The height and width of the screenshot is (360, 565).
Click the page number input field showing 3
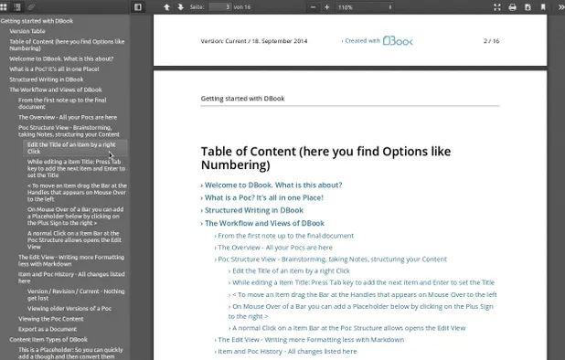click(219, 7)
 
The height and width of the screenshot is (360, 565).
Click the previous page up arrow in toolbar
click(166, 7)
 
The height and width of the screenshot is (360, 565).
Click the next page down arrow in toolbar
click(181, 7)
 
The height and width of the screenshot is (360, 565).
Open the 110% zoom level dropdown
click(357, 7)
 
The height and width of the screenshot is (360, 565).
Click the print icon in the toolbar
click(512, 7)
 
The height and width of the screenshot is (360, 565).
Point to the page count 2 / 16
click(491, 41)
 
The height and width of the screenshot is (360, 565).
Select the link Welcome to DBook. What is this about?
click(272, 185)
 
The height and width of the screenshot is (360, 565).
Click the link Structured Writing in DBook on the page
click(253, 210)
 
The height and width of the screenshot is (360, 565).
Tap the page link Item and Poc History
click(287, 351)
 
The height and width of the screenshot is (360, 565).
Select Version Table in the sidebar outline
click(27, 31)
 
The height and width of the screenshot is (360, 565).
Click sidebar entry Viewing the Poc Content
click(51, 318)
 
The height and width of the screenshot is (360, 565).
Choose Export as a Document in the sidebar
click(48, 329)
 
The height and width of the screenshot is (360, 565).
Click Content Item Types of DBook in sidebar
click(48, 339)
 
